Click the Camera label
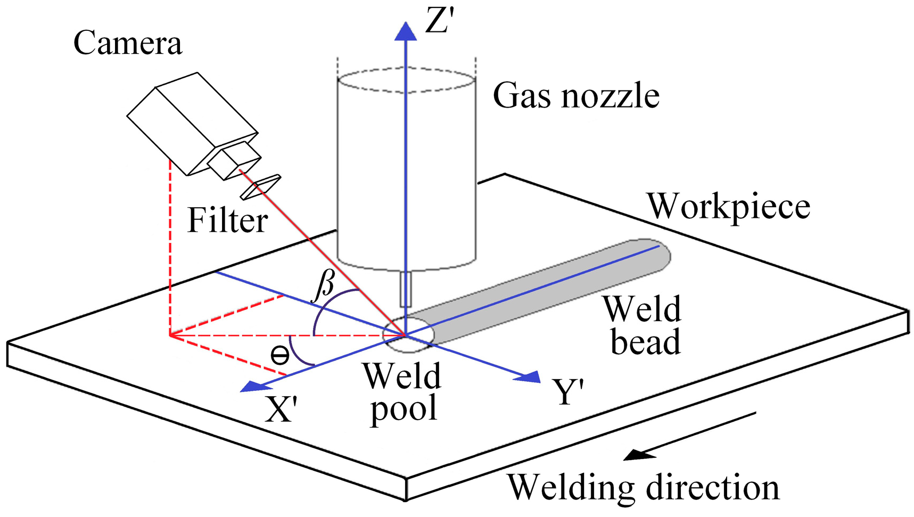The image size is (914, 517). (128, 43)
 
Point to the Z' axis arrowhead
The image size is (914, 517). (406, 31)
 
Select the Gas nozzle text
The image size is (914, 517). (576, 96)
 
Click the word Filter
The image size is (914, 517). (227, 220)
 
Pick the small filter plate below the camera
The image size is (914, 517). (260, 187)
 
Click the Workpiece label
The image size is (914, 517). (728, 206)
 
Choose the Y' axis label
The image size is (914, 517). (568, 392)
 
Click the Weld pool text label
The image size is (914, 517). (403, 392)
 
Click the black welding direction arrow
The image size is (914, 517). (689, 436)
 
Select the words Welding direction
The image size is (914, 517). (643, 486)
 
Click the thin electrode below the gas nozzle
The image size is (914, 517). (406, 289)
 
